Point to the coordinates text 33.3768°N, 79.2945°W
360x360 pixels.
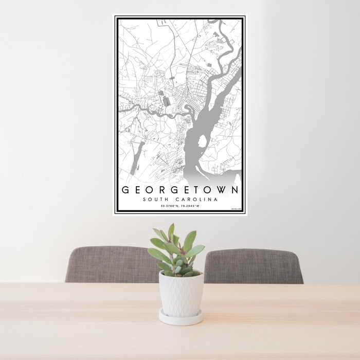click(x=180, y=206)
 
